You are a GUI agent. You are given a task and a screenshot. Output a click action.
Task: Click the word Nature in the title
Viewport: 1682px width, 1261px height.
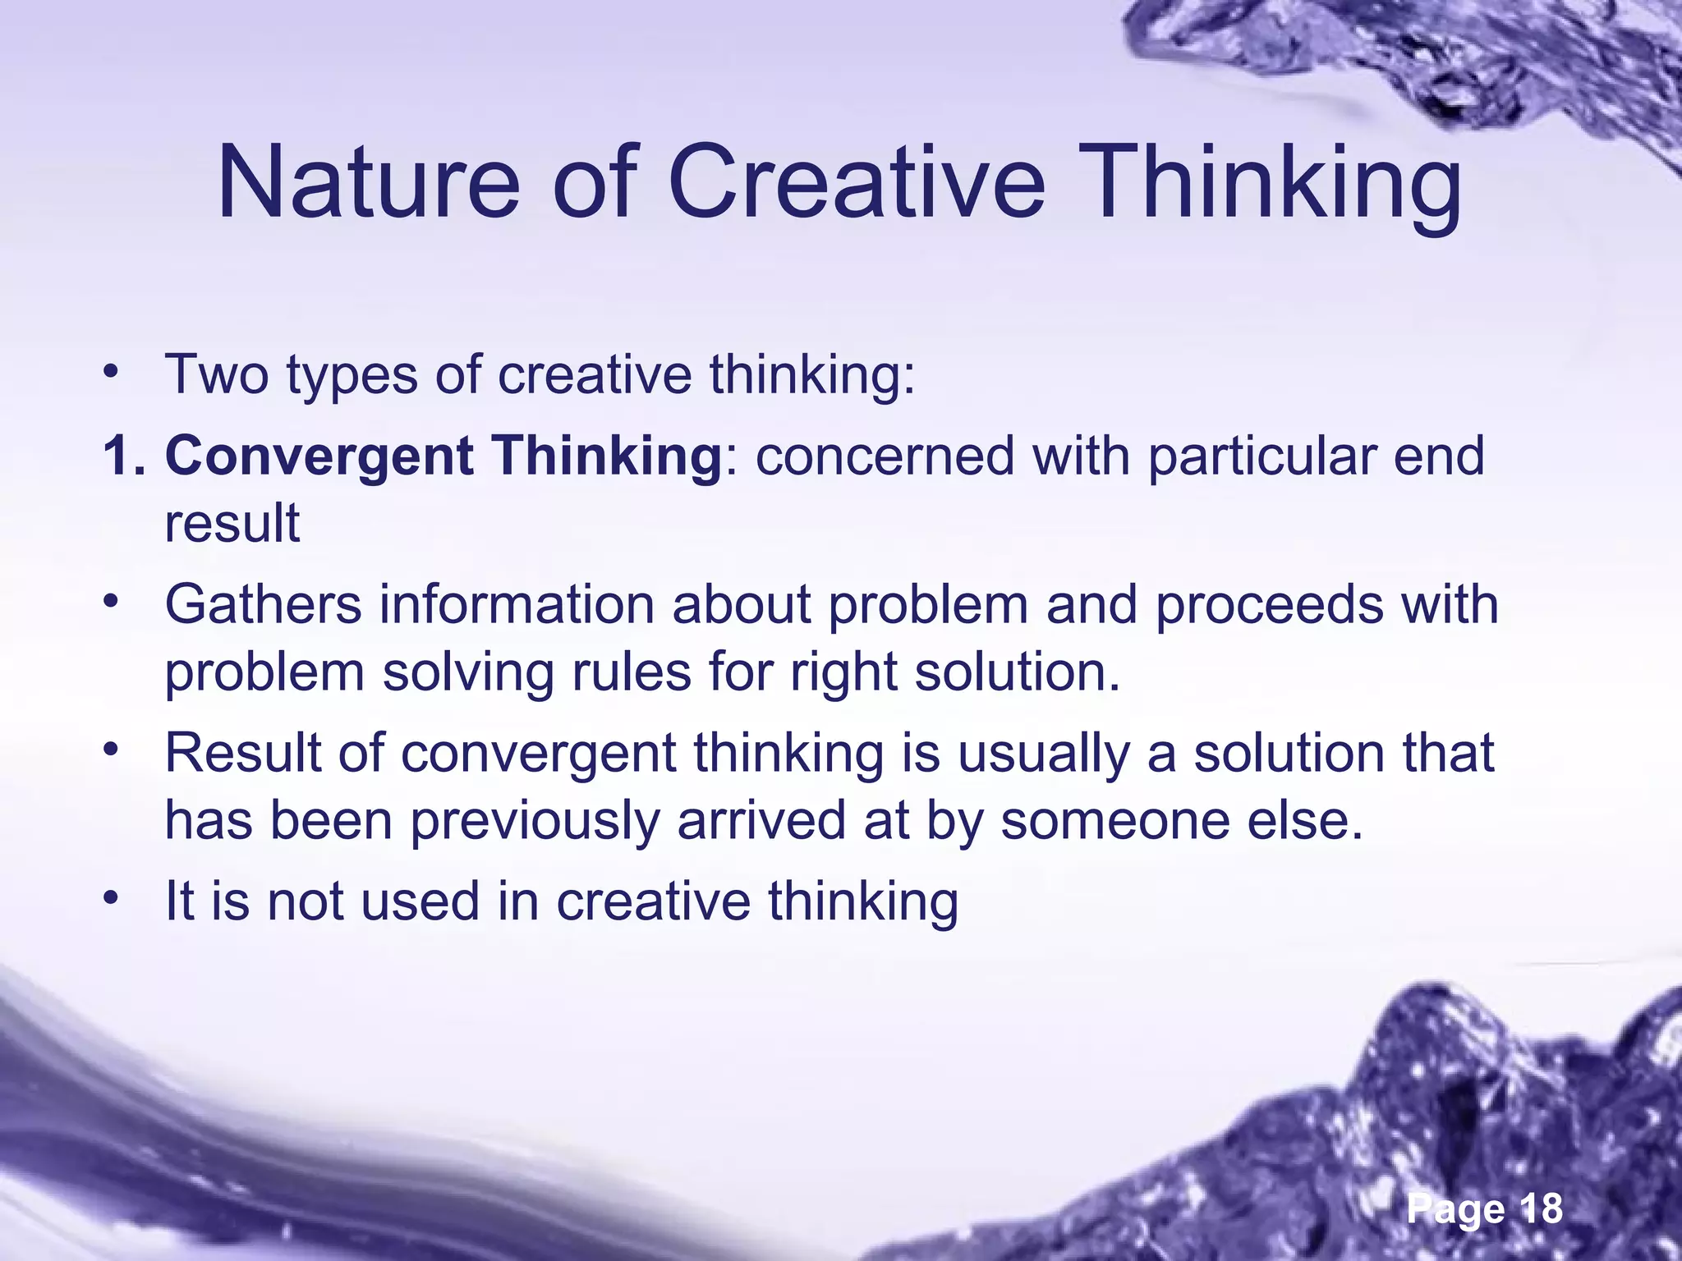click(369, 182)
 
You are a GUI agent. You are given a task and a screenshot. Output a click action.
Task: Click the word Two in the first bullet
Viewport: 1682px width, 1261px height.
click(217, 375)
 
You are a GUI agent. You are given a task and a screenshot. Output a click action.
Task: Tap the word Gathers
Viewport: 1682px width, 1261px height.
click(264, 605)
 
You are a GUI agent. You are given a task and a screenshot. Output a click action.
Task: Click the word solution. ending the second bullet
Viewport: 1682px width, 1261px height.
click(1018, 672)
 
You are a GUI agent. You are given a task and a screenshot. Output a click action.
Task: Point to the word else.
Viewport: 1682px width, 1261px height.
click(1305, 821)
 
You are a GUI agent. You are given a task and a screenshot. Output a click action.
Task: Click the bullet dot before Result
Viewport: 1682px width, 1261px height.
click(112, 750)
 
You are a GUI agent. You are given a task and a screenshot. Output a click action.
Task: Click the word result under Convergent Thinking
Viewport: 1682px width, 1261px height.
click(232, 524)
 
